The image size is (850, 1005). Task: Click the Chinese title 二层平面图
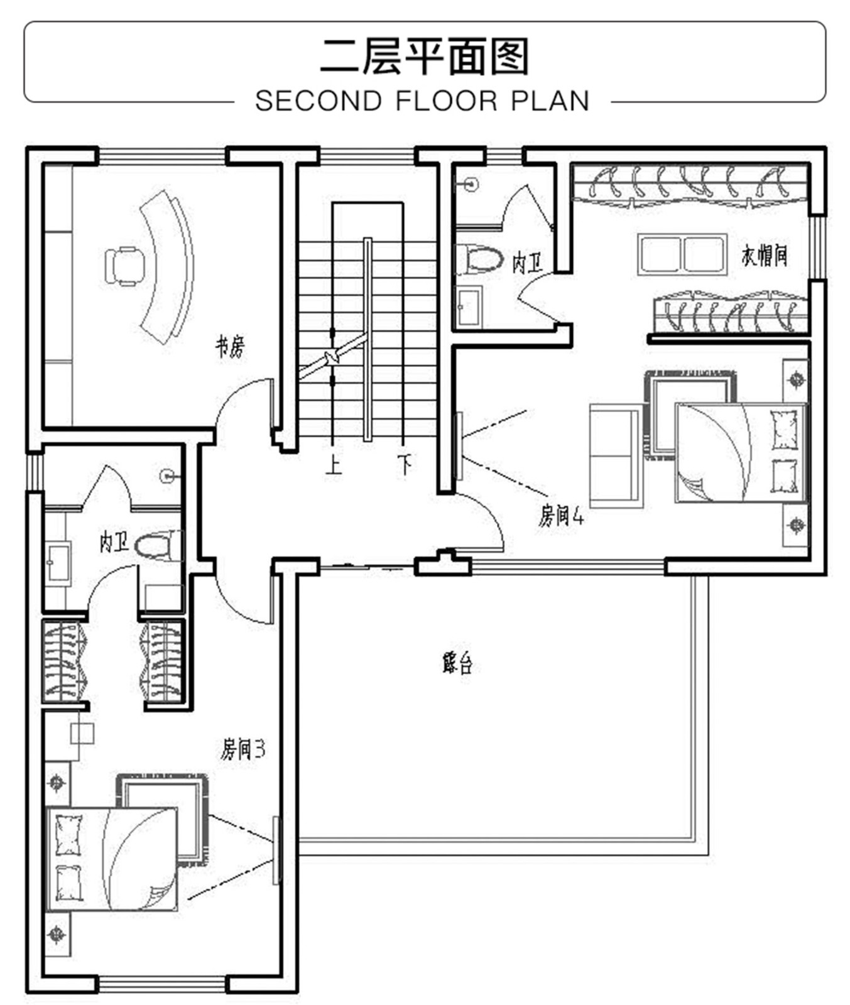point(425,57)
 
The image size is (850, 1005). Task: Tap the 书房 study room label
point(230,346)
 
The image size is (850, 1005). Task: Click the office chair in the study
point(124,266)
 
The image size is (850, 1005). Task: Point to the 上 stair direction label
point(333,465)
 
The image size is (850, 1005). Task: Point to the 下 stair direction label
point(405,465)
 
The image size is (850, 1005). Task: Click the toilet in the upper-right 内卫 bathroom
point(479,259)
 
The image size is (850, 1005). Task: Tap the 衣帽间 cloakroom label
point(764,256)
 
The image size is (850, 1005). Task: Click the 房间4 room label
point(561,516)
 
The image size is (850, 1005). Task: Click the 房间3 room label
point(242,749)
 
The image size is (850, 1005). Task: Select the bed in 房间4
point(740,452)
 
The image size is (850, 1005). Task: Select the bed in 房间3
point(112,859)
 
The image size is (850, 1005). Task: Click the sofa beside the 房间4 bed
point(616,456)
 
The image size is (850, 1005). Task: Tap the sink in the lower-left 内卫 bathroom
point(58,562)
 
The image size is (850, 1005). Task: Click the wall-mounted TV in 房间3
point(276,850)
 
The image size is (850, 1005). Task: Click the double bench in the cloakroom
point(682,254)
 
